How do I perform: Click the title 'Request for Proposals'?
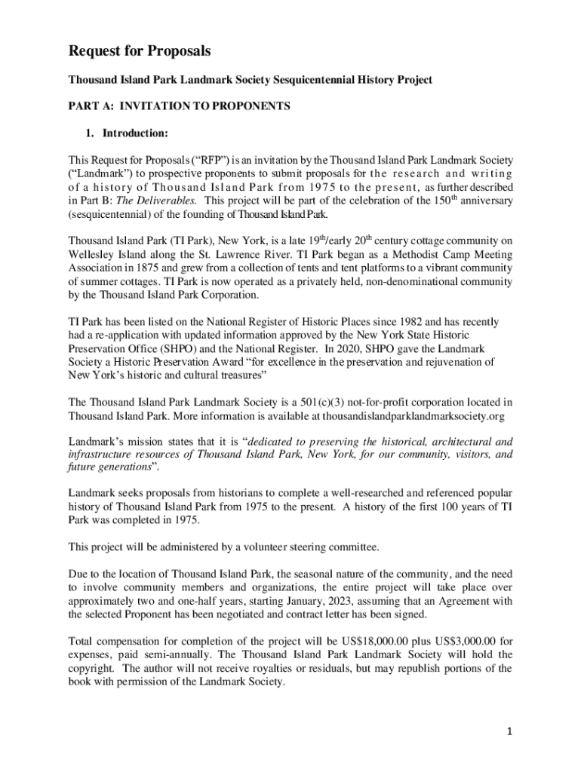click(140, 51)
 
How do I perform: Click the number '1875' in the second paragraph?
click(152, 268)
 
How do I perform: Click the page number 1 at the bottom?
click(510, 731)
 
